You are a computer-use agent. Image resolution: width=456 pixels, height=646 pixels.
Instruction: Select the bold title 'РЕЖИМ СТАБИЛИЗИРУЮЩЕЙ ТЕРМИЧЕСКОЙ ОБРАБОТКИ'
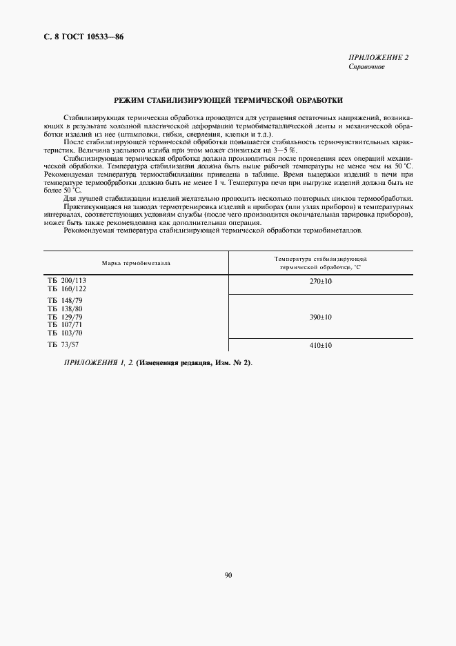point(228,100)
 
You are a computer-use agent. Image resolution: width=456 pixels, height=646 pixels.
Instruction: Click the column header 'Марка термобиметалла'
point(136,263)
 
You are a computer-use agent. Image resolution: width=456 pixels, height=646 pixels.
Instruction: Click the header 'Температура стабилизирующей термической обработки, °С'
point(321,262)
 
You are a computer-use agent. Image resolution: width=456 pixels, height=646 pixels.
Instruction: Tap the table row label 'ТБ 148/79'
point(66,301)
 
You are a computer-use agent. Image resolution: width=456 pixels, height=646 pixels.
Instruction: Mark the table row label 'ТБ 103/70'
point(66,332)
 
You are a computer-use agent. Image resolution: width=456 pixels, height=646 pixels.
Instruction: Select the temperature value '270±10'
point(321,281)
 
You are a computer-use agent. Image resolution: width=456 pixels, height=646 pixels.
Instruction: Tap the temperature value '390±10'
point(321,317)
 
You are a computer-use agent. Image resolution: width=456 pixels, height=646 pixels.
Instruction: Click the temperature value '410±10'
point(321,345)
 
